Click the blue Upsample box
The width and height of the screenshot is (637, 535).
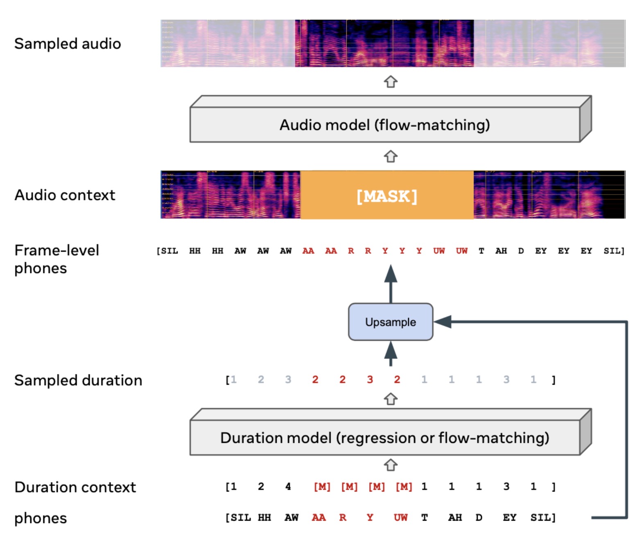coord(391,322)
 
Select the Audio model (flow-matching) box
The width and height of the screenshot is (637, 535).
coord(385,125)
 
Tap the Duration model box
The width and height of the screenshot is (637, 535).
coord(385,438)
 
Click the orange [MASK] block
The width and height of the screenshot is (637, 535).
coord(387,195)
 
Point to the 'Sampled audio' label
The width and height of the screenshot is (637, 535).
coord(68,44)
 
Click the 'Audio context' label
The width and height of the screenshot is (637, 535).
coord(65,195)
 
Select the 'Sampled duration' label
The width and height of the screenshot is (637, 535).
coord(78,380)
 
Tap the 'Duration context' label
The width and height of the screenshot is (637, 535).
coord(75,487)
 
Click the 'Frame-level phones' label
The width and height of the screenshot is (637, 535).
coord(56,259)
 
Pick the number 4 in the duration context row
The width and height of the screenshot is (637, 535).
coord(288,486)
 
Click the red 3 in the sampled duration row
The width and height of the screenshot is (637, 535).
coord(370,380)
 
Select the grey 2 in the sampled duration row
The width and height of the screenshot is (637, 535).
coord(261,380)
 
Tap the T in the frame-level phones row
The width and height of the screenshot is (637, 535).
coord(481,251)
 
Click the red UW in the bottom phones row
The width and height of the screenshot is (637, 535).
coord(400,517)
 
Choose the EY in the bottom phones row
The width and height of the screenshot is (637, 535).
coord(509,517)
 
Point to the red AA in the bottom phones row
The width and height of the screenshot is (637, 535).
coord(318,517)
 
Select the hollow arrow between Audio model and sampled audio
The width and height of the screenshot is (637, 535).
coord(391,82)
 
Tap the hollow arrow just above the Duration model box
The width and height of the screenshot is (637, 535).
coord(391,399)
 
